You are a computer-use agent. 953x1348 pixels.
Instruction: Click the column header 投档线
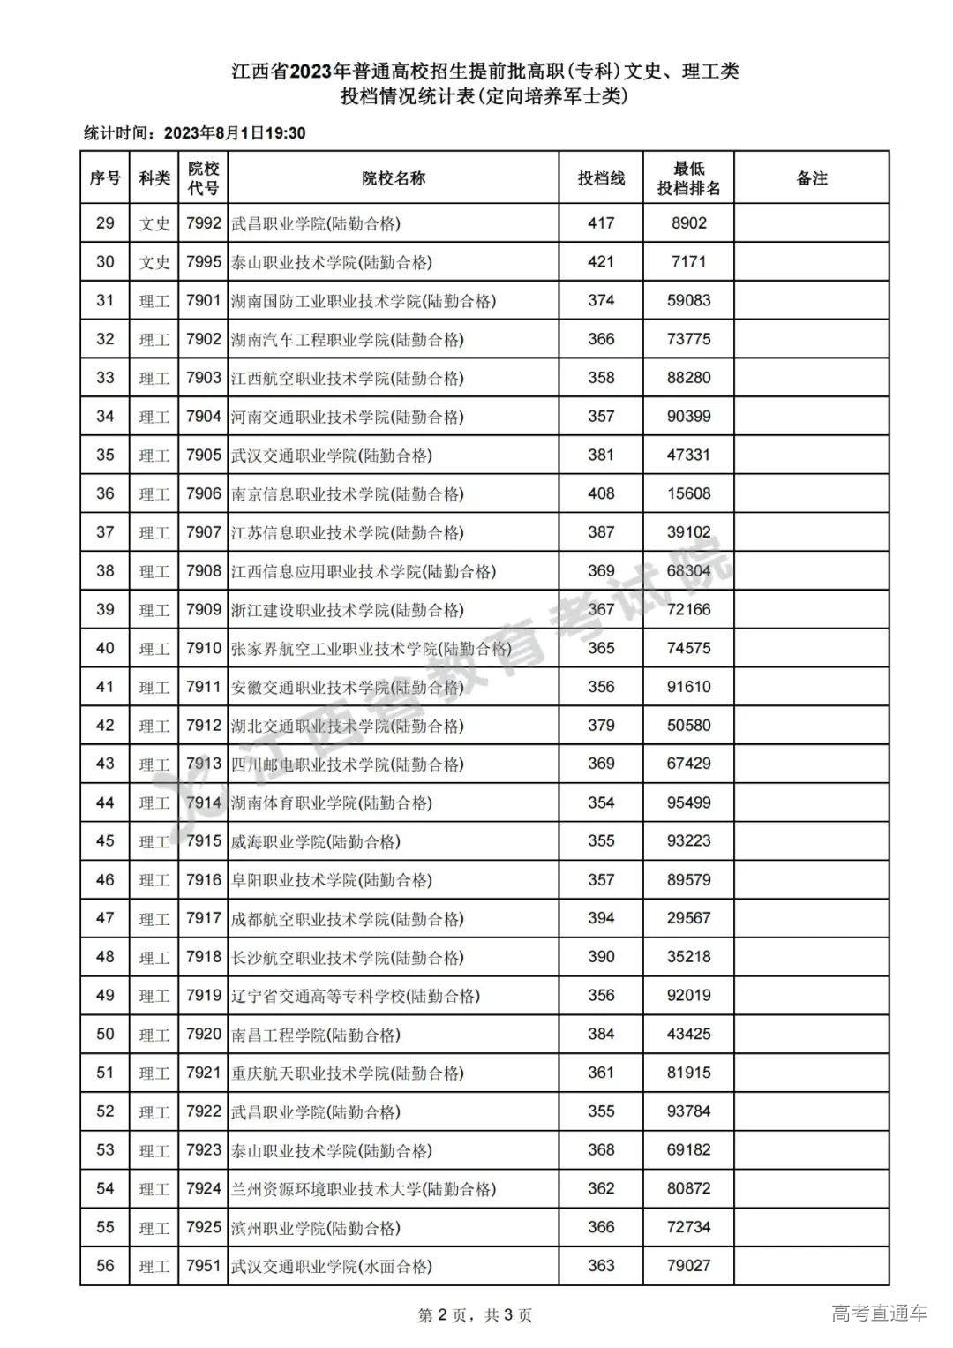(x=601, y=177)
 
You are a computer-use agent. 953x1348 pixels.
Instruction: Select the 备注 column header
(x=811, y=177)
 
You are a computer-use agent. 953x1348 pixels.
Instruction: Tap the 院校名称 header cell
(x=394, y=177)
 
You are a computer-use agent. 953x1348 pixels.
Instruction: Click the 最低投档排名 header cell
(x=688, y=177)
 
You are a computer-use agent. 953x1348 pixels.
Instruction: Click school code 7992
(x=203, y=223)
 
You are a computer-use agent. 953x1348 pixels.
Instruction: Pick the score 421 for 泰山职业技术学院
(x=601, y=262)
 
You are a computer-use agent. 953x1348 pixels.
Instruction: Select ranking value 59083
(x=688, y=301)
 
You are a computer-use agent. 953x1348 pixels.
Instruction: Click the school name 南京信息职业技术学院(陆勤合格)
(x=347, y=494)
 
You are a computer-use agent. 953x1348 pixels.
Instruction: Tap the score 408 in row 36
(x=601, y=494)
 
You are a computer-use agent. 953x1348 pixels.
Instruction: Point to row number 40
(x=105, y=649)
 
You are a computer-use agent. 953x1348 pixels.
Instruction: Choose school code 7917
(x=203, y=919)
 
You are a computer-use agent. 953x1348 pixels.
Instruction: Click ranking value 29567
(x=688, y=919)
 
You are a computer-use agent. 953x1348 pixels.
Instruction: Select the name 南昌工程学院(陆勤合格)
(x=316, y=1035)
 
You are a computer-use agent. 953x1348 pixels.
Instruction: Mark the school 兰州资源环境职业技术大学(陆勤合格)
(x=363, y=1189)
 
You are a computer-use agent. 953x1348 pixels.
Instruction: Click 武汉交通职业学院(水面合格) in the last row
(x=332, y=1267)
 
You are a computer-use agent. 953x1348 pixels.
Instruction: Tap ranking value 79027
(x=688, y=1267)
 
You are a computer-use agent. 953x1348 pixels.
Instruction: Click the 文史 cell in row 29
(x=154, y=223)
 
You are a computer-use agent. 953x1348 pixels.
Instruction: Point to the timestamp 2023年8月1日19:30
(x=234, y=133)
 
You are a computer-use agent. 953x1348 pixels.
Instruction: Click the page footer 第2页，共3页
(x=475, y=1315)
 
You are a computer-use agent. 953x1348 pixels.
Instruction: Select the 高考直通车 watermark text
(x=879, y=1314)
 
